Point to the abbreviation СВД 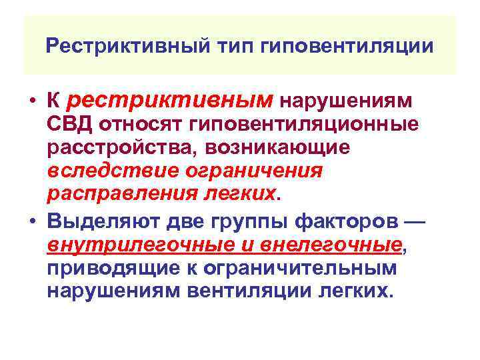point(70,124)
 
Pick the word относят point(141,124)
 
